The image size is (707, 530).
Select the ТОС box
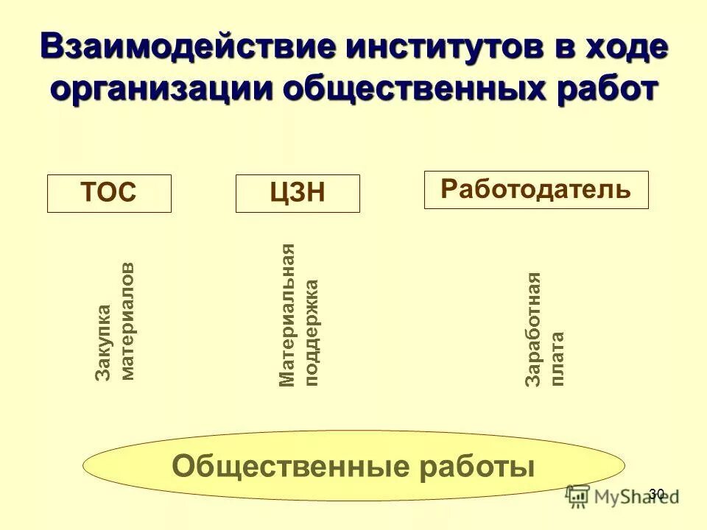coord(109,194)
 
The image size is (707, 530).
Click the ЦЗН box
coord(298,194)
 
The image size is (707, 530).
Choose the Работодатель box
coord(536,189)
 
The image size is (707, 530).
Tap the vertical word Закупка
coord(104,342)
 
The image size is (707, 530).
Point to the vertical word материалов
coord(127,321)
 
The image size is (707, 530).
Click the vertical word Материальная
coord(287,315)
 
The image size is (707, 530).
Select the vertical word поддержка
coord(312,332)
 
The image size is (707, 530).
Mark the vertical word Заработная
coord(533,329)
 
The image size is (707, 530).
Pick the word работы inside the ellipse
coord(479,466)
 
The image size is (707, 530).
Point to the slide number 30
coord(657,493)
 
